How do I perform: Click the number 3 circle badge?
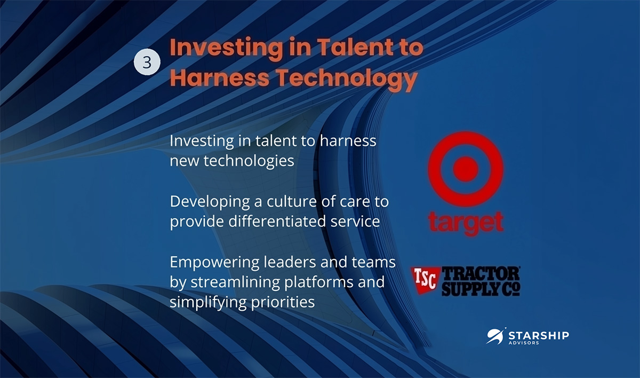(x=147, y=62)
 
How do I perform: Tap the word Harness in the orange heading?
(x=219, y=77)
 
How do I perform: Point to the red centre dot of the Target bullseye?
(x=466, y=169)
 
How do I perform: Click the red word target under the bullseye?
(x=466, y=223)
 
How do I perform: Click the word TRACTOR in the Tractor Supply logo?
(x=481, y=274)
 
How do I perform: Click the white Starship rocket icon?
(x=495, y=336)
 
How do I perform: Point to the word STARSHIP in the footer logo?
(x=539, y=335)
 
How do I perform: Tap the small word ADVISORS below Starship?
(x=524, y=343)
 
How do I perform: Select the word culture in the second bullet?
(x=291, y=201)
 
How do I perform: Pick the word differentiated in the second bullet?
(x=277, y=222)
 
